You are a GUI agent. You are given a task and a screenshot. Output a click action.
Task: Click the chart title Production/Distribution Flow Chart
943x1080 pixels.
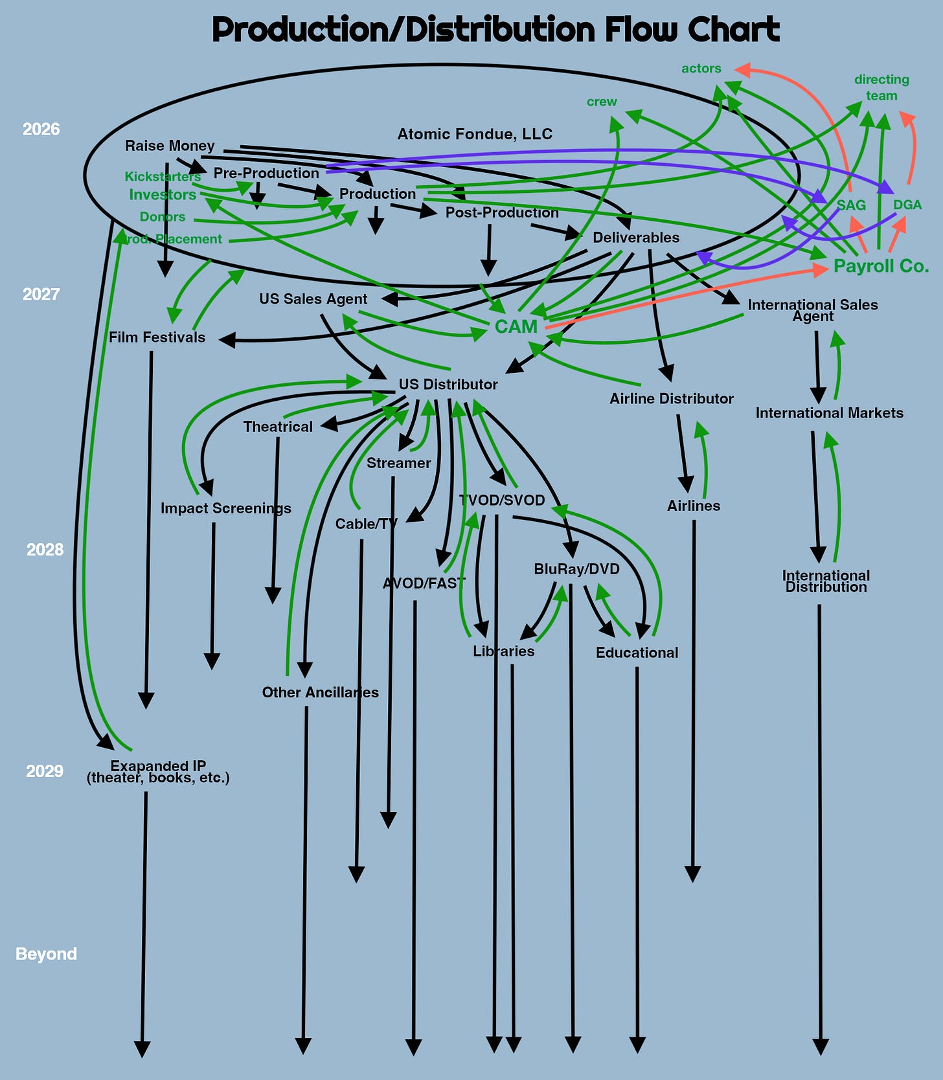(495, 30)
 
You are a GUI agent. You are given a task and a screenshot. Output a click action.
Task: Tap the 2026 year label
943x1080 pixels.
(41, 129)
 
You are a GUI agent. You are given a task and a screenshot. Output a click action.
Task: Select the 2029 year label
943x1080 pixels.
(45, 771)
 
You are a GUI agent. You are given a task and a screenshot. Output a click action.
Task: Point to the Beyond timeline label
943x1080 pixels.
(46, 954)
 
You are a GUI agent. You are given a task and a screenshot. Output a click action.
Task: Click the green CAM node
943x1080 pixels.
(516, 326)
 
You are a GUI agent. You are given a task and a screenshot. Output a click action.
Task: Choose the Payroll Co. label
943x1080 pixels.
(881, 266)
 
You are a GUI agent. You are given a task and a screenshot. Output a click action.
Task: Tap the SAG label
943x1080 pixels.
(850, 205)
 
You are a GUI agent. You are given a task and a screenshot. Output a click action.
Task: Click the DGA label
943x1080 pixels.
(907, 205)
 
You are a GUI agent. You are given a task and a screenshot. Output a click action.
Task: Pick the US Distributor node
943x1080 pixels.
(448, 385)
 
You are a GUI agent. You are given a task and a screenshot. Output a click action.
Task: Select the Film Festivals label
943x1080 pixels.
(157, 337)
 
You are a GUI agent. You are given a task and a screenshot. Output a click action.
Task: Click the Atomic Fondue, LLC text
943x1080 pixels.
(475, 134)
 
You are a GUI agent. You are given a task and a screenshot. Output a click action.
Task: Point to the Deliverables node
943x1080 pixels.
(636, 238)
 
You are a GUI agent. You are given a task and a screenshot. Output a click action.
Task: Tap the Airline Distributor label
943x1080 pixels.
(671, 399)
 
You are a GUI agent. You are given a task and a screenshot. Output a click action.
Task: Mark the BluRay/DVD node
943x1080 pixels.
(576, 569)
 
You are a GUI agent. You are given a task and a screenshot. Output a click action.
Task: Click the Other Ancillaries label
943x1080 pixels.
(320, 692)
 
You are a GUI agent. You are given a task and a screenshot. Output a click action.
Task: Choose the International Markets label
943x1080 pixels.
(829, 413)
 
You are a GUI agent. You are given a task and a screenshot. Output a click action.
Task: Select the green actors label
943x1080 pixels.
(701, 69)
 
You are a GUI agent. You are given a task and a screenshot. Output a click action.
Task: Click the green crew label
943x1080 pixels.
(602, 102)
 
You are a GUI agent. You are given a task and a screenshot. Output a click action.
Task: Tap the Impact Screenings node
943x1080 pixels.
(225, 508)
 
